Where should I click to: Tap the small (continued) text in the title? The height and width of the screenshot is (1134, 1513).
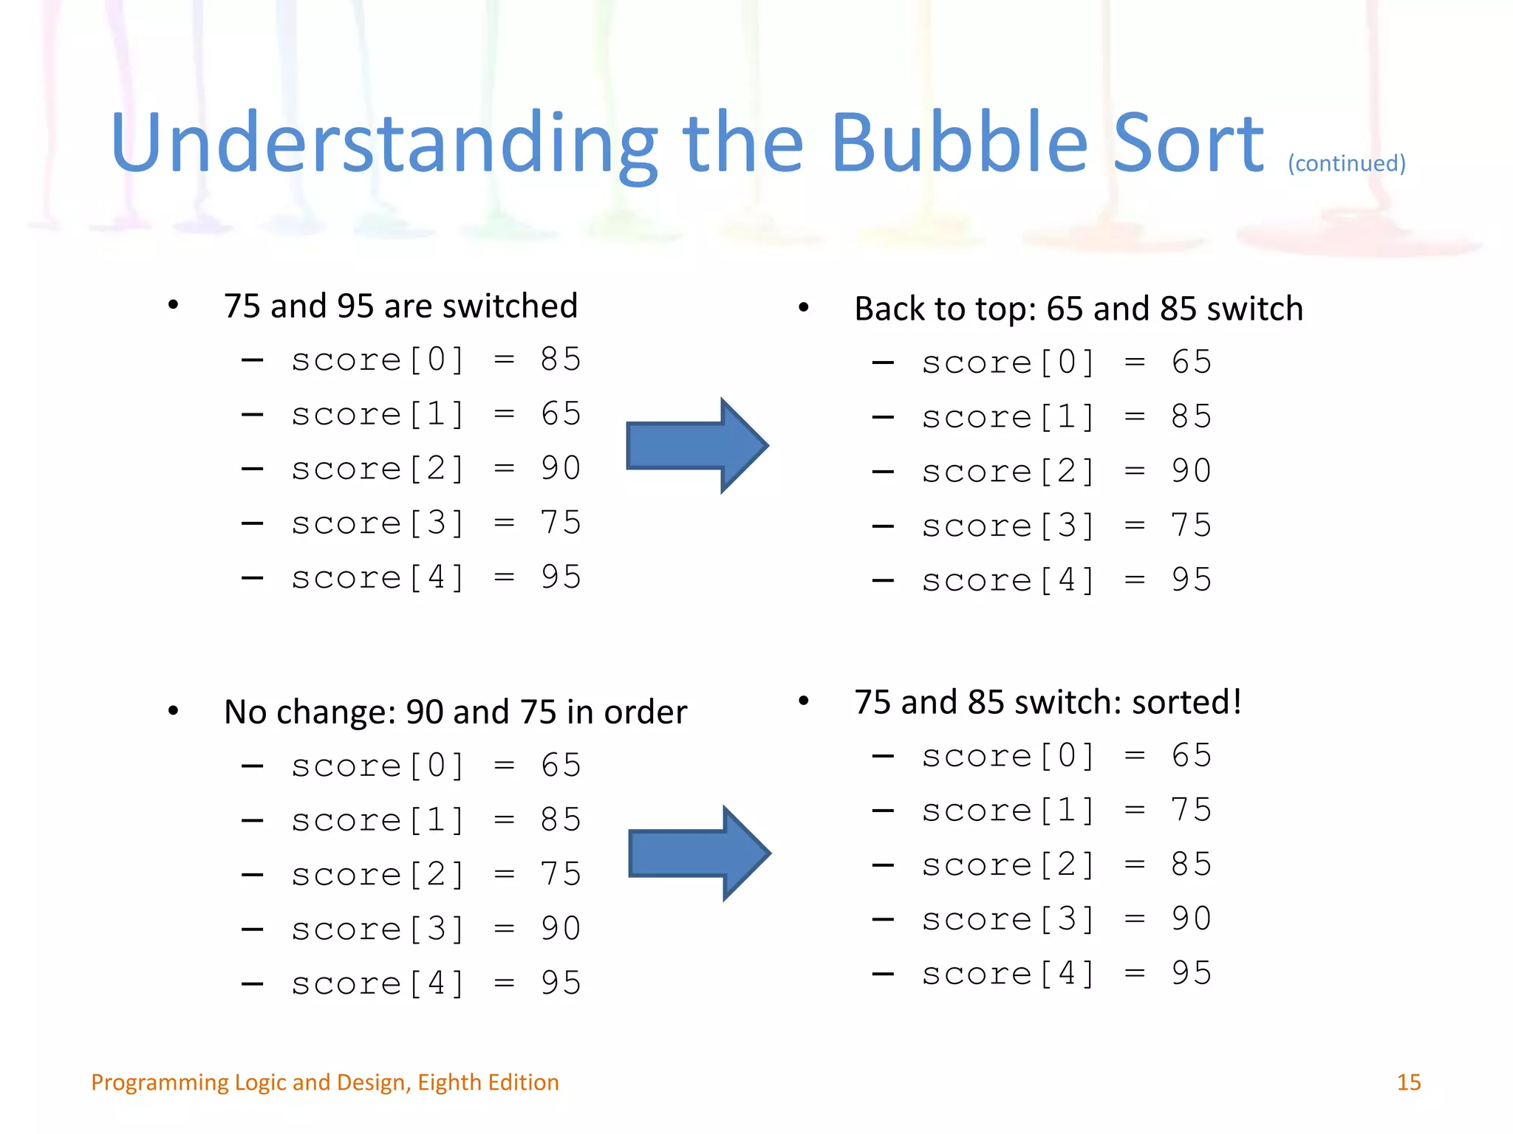pos(1346,163)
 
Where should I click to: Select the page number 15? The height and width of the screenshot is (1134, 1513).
pos(1408,1082)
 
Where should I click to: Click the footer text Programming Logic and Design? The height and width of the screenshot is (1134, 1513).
pos(325,1082)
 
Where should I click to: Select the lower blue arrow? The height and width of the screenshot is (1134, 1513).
pos(699,853)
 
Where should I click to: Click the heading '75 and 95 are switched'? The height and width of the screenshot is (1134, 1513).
pos(400,306)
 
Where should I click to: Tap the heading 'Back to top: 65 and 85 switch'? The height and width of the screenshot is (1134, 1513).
pos(1079,309)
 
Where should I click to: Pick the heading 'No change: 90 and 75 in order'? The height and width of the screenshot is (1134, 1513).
pos(455,712)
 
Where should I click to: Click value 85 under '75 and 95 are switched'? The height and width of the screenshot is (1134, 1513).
pos(561,360)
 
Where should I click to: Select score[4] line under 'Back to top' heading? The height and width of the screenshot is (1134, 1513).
pos(1066,580)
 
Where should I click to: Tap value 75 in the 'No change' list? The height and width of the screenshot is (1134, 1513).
pos(561,874)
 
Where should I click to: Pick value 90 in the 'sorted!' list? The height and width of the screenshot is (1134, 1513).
pos(1191,919)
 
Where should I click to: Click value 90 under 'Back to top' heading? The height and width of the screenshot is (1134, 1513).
pos(1191,471)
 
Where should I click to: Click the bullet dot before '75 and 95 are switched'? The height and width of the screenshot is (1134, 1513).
pos(173,305)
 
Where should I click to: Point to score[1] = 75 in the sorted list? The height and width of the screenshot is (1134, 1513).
pos(1066,811)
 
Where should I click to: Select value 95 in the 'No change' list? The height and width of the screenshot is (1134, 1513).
pos(561,983)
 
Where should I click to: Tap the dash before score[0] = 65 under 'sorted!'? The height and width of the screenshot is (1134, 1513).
pos(883,756)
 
